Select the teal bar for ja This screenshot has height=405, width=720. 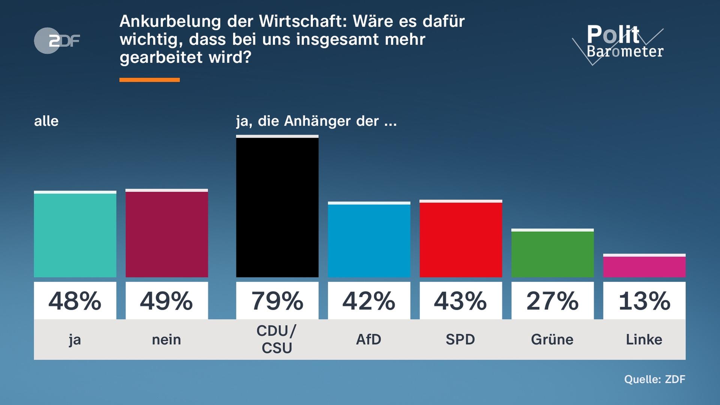(x=75, y=235)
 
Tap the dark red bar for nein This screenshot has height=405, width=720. (x=166, y=234)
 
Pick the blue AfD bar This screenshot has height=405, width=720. (x=369, y=240)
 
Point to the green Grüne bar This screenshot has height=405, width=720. (x=552, y=254)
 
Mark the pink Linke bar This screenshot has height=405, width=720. (x=644, y=267)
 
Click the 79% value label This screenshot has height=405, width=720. (x=277, y=301)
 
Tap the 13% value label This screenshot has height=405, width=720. (x=644, y=301)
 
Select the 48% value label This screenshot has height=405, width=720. (x=75, y=301)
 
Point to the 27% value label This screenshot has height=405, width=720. (x=552, y=301)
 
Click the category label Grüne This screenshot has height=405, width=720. (x=552, y=340)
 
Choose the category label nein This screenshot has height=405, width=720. (x=166, y=340)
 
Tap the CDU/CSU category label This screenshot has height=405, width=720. (x=277, y=339)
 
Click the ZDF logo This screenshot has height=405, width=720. (x=57, y=40)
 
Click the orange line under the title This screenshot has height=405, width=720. (x=149, y=80)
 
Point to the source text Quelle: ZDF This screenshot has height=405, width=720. (x=654, y=379)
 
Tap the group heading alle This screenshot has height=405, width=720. (x=46, y=121)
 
